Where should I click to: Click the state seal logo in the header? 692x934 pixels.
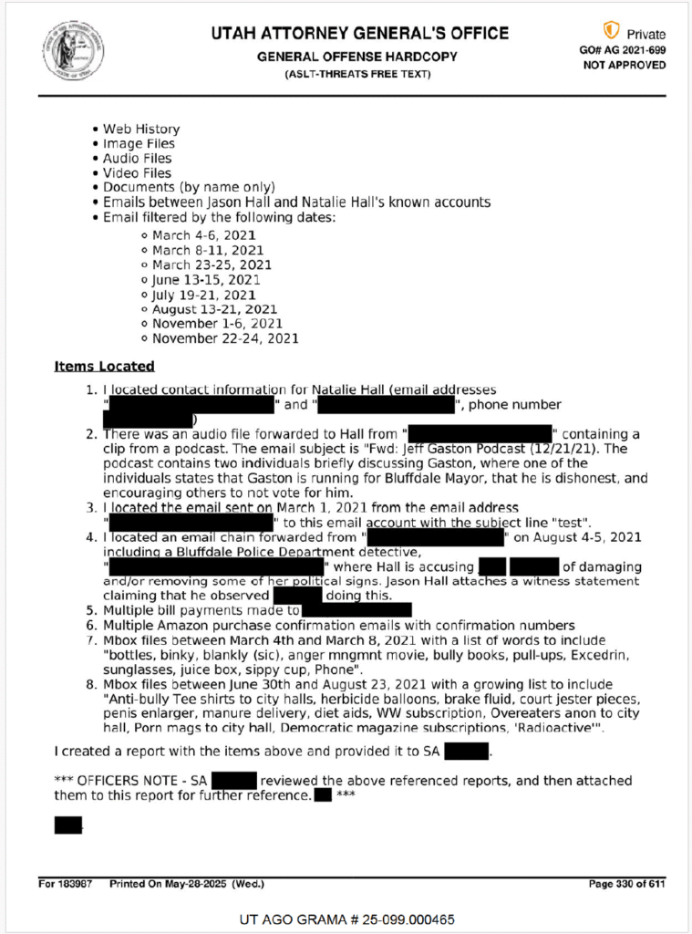pyautogui.click(x=72, y=49)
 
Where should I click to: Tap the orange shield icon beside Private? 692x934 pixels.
pyautogui.click(x=611, y=31)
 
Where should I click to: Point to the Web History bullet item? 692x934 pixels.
pyautogui.click(x=141, y=129)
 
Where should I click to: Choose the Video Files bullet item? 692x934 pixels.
pyautogui.click(x=137, y=172)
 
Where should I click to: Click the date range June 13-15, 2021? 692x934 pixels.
pyautogui.click(x=206, y=279)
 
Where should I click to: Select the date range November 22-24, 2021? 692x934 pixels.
pyautogui.click(x=225, y=338)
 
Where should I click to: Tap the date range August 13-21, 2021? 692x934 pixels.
pyautogui.click(x=214, y=309)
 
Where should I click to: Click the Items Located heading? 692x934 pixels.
pyautogui.click(x=104, y=367)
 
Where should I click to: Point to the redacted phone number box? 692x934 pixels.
pyautogui.click(x=149, y=420)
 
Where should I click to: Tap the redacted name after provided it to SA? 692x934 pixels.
pyautogui.click(x=467, y=752)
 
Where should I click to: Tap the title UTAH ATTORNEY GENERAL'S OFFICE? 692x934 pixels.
pyautogui.click(x=360, y=34)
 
